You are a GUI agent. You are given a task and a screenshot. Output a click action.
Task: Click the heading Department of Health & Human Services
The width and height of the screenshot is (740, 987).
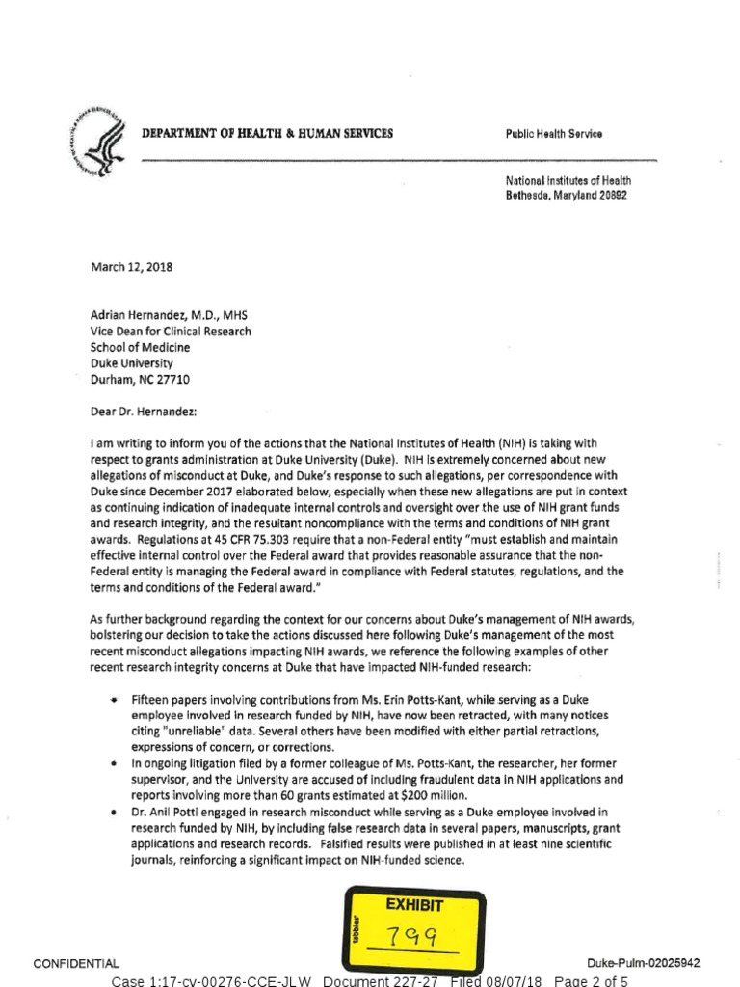[x=267, y=133]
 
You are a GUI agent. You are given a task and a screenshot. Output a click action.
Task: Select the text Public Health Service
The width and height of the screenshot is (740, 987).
[x=554, y=134]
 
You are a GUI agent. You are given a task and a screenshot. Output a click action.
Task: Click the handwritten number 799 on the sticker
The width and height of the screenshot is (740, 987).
[x=415, y=937]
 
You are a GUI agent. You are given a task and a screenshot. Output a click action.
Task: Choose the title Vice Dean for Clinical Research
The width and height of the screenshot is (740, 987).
[x=172, y=332]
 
